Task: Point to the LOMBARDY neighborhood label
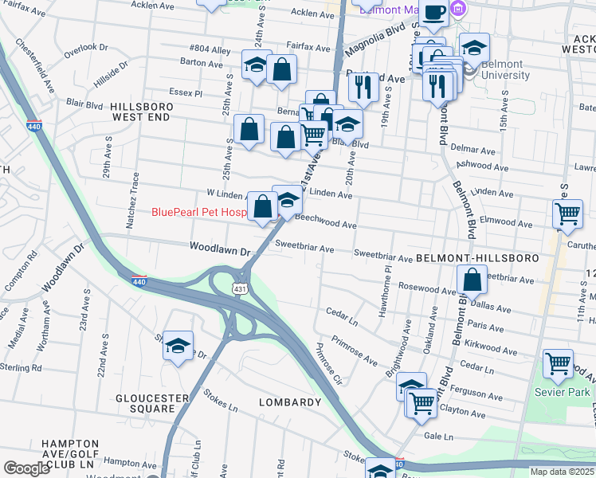pos(290,402)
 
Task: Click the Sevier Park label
pos(563,392)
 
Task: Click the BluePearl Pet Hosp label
pos(198,212)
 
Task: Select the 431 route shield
pos(240,288)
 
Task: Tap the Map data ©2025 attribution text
pos(561,472)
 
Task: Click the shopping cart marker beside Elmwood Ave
pos(567,213)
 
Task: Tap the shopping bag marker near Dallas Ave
pos(472,280)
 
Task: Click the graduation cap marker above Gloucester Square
pos(178,345)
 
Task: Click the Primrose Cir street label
pos(328,363)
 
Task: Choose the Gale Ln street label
pos(438,437)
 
